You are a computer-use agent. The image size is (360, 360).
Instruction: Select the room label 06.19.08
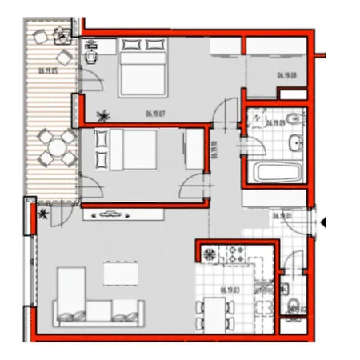click(287, 76)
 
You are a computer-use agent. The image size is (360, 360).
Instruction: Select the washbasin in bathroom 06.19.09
click(294, 143)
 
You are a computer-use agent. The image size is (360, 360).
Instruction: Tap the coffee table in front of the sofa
click(120, 273)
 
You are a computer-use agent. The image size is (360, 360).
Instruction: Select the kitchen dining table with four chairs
click(214, 314)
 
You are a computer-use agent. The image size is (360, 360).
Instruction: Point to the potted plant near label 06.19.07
click(100, 114)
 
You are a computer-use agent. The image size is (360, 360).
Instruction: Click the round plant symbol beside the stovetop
click(210, 255)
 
